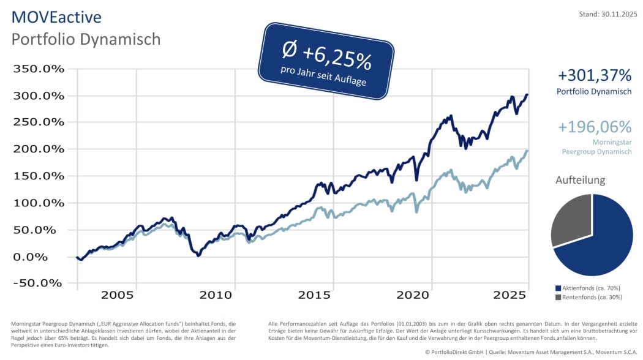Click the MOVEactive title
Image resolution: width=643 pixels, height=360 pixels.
coord(56,17)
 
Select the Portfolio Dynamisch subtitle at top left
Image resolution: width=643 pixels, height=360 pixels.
coord(86,39)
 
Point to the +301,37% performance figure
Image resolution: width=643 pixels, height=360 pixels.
coord(594,76)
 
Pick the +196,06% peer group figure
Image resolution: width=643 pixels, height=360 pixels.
coord(594,127)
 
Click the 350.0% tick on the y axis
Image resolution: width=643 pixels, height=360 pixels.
coord(39,69)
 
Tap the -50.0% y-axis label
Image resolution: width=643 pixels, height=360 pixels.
coord(39,283)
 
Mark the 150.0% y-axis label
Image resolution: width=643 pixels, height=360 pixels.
coord(39,176)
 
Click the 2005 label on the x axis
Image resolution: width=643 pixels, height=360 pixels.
coord(117,295)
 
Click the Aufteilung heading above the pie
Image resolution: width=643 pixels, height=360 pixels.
coord(580,181)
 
